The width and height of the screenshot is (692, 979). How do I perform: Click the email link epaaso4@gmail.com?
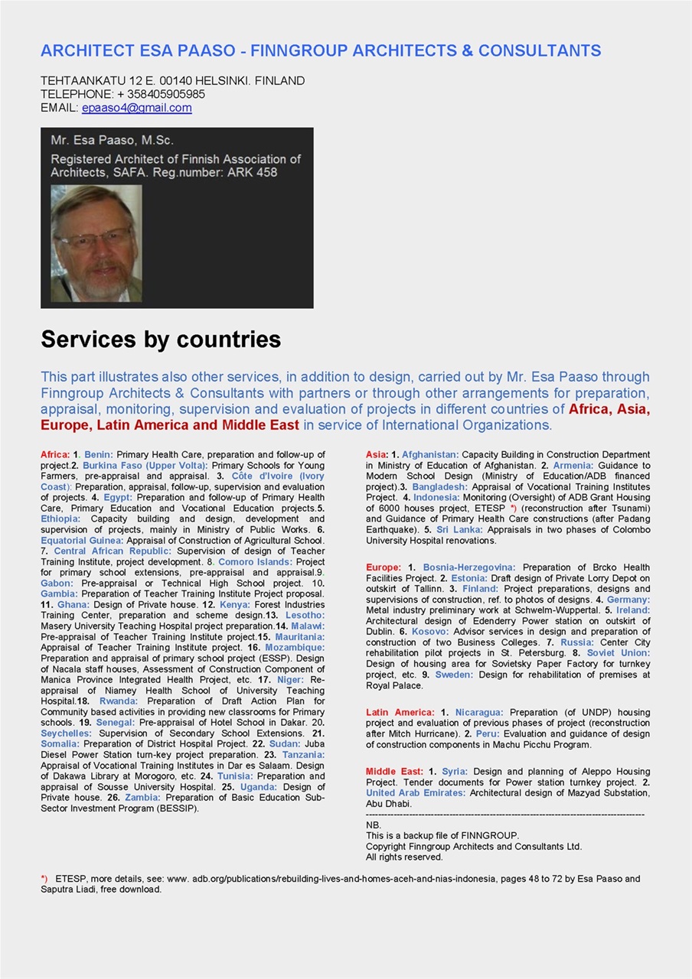click(136, 108)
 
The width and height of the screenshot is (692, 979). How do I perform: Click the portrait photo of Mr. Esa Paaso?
click(96, 243)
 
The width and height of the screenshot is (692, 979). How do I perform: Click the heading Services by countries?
click(161, 340)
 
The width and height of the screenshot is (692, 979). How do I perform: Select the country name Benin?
click(98, 454)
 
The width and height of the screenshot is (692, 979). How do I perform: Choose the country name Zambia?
click(144, 797)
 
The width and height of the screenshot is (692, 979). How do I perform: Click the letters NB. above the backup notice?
click(374, 825)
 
